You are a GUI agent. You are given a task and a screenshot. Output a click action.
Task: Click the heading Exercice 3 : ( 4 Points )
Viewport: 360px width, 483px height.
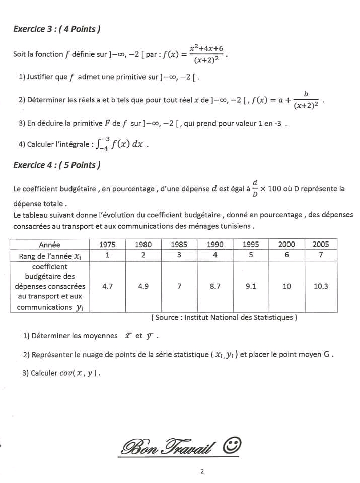(x=56, y=29)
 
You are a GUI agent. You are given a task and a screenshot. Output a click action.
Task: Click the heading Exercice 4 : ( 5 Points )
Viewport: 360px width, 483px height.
(x=56, y=165)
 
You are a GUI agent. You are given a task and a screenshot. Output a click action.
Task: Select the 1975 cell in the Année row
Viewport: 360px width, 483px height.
(x=107, y=245)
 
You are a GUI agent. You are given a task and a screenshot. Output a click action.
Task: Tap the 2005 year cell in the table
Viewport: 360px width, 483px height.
(x=321, y=245)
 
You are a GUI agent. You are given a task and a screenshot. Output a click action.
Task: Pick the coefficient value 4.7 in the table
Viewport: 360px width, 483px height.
(x=107, y=286)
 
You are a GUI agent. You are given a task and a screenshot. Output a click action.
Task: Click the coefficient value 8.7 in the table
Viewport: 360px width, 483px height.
(x=215, y=286)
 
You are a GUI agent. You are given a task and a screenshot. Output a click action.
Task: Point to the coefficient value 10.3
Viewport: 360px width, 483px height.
(x=321, y=286)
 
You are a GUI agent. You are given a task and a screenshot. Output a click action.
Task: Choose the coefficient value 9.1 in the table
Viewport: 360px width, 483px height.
(x=251, y=286)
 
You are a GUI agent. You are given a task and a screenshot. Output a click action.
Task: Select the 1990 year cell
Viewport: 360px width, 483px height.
(x=215, y=245)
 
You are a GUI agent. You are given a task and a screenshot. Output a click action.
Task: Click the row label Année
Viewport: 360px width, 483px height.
(x=50, y=245)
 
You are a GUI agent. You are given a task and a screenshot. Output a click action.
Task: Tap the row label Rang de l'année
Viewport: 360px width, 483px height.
(x=50, y=255)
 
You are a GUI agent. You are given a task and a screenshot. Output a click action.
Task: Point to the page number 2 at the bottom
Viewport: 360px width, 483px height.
(x=201, y=472)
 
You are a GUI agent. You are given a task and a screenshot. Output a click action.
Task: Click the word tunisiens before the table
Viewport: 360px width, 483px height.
(x=234, y=226)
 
